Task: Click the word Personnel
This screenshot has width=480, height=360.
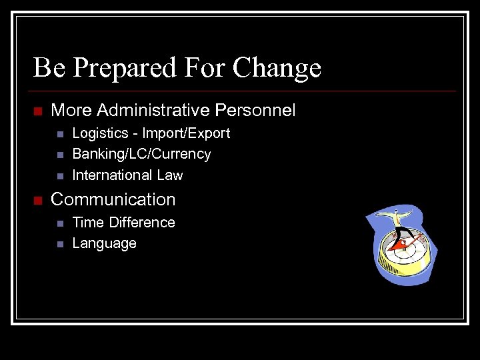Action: [x=256, y=110]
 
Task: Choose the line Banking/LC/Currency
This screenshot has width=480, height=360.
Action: [x=141, y=154]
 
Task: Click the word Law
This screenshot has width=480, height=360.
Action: [x=170, y=175]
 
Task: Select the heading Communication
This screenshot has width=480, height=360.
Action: [x=113, y=199]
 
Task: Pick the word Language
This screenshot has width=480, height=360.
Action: [x=104, y=243]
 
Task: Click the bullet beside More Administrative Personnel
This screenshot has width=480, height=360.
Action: [x=37, y=111]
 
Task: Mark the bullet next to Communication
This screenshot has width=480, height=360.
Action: [x=37, y=200]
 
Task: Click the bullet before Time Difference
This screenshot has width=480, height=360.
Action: [x=59, y=223]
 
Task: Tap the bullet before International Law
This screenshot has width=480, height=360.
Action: [x=59, y=176]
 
